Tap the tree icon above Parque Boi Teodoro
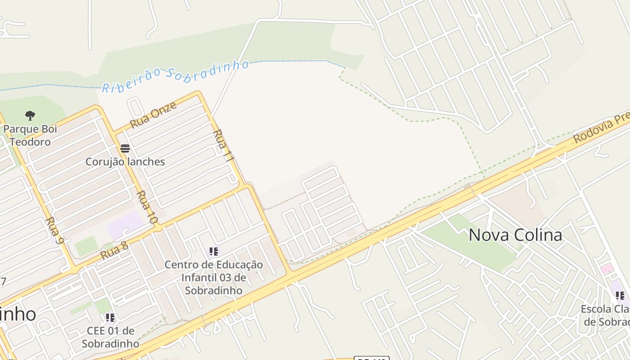pyautogui.click(x=30, y=116)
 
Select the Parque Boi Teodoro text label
pyautogui.click(x=31, y=135)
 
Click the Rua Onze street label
pyautogui.click(x=153, y=115)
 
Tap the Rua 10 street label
pyautogui.click(x=147, y=207)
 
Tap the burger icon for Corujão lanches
pyautogui.click(x=125, y=148)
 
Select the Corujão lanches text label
pyautogui.click(x=125, y=162)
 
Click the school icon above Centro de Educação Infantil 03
pyautogui.click(x=214, y=252)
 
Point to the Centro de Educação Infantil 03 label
pyautogui.click(x=214, y=277)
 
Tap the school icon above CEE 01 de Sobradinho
pyautogui.click(x=110, y=318)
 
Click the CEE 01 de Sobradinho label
pyautogui.click(x=110, y=337)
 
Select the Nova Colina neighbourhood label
pyautogui.click(x=515, y=235)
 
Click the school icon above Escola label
pyautogui.click(x=620, y=296)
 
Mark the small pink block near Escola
pyautogui.click(x=607, y=269)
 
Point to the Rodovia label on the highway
pyautogui.click(x=601, y=129)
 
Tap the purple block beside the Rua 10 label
pyautogui.click(x=125, y=224)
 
